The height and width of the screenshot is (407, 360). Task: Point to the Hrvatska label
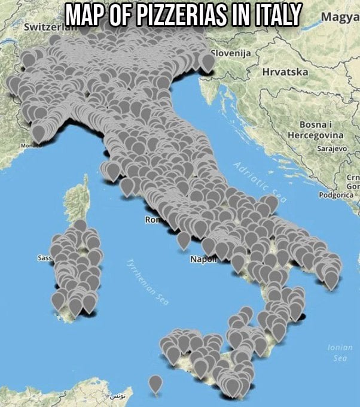(285, 72)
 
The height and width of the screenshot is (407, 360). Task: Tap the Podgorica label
(337, 195)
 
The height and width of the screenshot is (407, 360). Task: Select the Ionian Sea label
(340, 353)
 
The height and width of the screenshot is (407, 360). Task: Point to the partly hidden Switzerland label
(45, 28)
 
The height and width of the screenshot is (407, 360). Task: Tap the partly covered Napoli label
(202, 259)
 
